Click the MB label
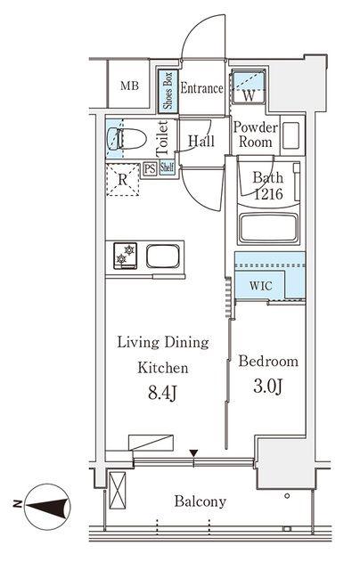(x=129, y=86)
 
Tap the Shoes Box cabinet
(x=168, y=91)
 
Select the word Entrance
(x=201, y=88)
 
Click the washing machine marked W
(x=249, y=88)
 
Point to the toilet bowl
(x=127, y=139)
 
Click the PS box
(x=150, y=168)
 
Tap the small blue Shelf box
(x=167, y=168)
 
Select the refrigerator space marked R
(x=123, y=180)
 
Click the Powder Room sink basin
(x=290, y=135)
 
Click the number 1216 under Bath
(x=268, y=194)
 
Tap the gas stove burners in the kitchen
(x=125, y=256)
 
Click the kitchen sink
(x=163, y=256)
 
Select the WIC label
(x=261, y=286)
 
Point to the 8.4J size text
(x=162, y=393)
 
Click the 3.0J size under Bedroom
(x=268, y=387)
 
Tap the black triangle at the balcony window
(x=194, y=453)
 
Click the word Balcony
(x=200, y=501)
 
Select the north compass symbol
(x=46, y=507)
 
